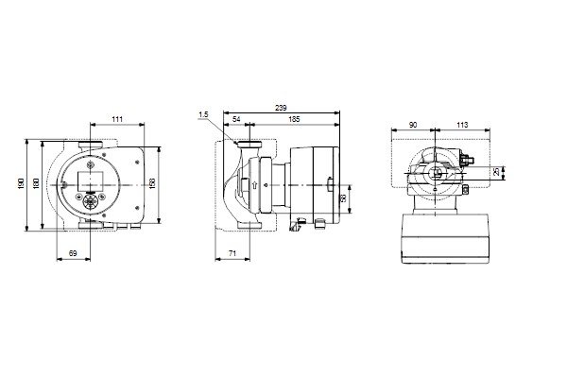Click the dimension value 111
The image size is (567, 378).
pos(117,119)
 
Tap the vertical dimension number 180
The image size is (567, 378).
pos(36,183)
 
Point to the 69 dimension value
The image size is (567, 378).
pos(73,253)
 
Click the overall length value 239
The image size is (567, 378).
pos(281,108)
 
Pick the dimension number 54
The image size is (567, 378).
pos(236,119)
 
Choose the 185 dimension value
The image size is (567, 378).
pos(295,119)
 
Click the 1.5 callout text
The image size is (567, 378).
pos(203,114)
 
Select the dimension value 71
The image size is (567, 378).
pos(232,253)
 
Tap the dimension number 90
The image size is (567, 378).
pos(413,125)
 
